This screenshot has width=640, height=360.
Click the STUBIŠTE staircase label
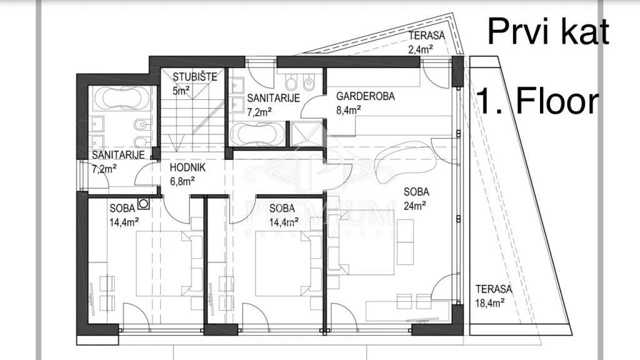pyautogui.click(x=195, y=76)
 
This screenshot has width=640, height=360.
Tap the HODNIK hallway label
pyautogui.click(x=187, y=167)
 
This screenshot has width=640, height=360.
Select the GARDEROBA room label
pyautogui.click(x=365, y=96)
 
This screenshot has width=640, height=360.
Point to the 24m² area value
pyautogui.click(x=415, y=205)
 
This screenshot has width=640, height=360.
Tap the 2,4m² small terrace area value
pyautogui.click(x=421, y=49)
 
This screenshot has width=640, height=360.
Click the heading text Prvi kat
pyautogui.click(x=548, y=31)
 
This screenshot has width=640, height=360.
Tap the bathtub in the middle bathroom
pyautogui.click(x=257, y=134)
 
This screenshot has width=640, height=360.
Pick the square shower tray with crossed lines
pyautogui.click(x=306, y=134)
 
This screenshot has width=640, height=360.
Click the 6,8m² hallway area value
pyautogui.click(x=182, y=181)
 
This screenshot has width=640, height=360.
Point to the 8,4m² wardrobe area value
pyautogui.click(x=349, y=109)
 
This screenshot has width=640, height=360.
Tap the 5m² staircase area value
pyautogui.click(x=181, y=90)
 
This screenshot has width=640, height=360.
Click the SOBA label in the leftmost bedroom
pyautogui.click(x=122, y=208)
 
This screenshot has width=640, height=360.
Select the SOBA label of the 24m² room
pyautogui.click(x=416, y=191)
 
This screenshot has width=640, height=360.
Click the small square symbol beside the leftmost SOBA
pyautogui.click(x=143, y=203)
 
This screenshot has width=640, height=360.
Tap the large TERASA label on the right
pyautogui.click(x=494, y=289)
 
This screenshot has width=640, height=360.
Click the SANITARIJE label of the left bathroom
pyautogui.click(x=118, y=155)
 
